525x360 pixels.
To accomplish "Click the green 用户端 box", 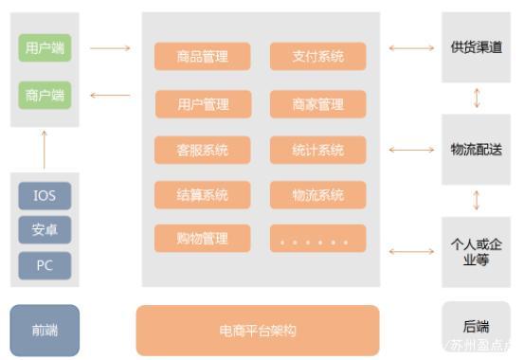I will (45, 47).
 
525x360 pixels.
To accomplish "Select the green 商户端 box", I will (45, 95).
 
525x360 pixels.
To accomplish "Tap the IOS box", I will (45, 196).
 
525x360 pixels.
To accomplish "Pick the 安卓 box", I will (45, 230).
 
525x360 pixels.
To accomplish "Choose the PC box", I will (45, 265).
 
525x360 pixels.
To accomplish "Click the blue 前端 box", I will (45, 330).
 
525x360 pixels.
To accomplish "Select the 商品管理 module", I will (203, 57).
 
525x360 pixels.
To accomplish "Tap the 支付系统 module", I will (318, 57).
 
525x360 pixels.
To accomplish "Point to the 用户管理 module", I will (203, 104).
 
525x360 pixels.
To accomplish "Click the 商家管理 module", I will (318, 104).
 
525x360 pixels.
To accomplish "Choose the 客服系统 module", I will (203, 150).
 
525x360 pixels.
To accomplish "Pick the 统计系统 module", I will (318, 150).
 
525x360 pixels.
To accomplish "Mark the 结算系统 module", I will (203, 195).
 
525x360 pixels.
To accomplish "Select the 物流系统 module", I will (318, 195).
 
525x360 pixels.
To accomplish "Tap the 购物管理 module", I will (203, 238).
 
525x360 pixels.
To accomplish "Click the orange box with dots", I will (318, 239).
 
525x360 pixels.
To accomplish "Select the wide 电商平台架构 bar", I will (258, 331).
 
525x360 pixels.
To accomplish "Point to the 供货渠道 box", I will (476, 47).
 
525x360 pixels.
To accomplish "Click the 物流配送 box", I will (476, 149).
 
